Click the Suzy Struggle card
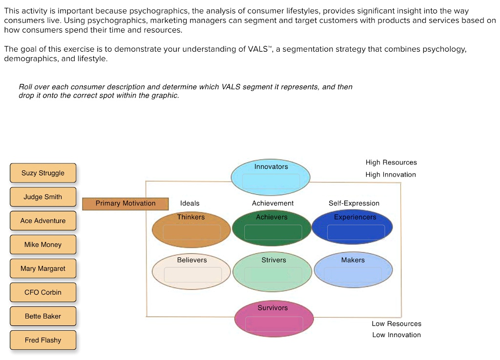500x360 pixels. [43, 173]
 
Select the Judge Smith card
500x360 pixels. [43, 197]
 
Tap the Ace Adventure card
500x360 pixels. [43, 221]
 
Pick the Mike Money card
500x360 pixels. [43, 245]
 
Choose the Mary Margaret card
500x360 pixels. [43, 269]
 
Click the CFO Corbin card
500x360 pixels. [43, 293]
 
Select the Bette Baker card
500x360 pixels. [43, 317]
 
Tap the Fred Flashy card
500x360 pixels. [43, 340]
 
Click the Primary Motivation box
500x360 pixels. [125, 203]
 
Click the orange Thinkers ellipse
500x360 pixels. [191, 228]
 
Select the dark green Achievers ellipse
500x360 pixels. [272, 228]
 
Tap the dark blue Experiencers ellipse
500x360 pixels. [352, 228]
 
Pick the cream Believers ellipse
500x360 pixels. [191, 271]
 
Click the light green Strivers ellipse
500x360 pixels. [272, 272]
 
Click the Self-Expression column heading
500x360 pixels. [354, 203]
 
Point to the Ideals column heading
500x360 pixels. [190, 203]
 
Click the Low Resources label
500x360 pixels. [396, 324]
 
